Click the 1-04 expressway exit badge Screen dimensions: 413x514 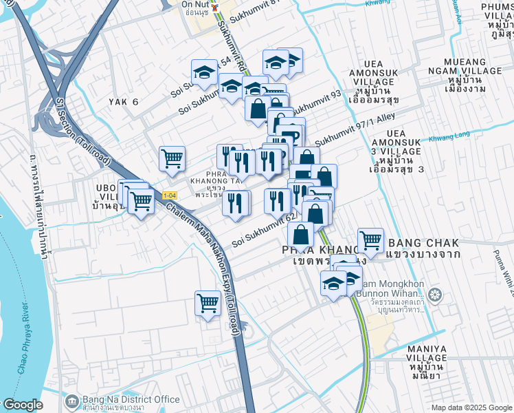(x=169, y=196)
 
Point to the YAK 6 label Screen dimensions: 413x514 (x=124, y=102)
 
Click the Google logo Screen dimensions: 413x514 (x=22, y=405)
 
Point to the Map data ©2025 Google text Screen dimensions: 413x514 (x=471, y=407)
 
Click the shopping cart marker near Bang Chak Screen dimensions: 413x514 (x=370, y=240)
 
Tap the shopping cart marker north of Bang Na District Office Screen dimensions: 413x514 (x=208, y=302)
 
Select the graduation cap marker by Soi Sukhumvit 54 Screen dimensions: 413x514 (x=205, y=71)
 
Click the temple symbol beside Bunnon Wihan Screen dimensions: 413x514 (x=434, y=297)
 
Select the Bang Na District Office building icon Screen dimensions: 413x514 (x=71, y=401)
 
